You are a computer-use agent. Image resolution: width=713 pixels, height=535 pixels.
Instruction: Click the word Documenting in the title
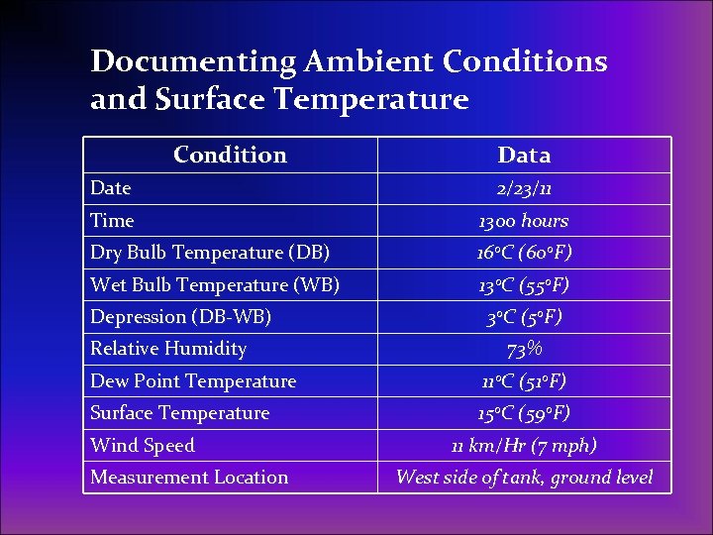point(193,62)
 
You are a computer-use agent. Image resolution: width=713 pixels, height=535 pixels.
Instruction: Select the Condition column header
point(230,155)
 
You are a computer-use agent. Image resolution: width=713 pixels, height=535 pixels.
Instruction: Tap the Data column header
point(524,155)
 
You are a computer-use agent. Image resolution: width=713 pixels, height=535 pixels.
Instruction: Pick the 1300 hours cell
point(524,220)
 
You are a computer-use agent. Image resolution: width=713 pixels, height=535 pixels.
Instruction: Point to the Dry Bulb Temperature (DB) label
point(210,253)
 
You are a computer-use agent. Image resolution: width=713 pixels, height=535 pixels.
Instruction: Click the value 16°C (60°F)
point(524,253)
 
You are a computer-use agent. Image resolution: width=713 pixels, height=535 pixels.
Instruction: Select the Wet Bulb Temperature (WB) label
point(215,284)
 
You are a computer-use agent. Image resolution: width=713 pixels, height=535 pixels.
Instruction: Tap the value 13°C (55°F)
point(524,284)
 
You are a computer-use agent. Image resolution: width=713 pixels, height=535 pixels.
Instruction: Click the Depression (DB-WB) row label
point(181,317)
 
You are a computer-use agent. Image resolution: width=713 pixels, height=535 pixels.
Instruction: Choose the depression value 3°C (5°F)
point(524,317)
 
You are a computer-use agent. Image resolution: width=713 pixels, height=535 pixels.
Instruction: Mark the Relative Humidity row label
point(168,349)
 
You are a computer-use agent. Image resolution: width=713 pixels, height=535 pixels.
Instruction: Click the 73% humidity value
point(524,349)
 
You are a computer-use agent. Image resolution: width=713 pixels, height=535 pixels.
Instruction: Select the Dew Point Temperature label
point(193,381)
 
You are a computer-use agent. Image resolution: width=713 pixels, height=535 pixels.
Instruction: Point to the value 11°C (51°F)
point(524,381)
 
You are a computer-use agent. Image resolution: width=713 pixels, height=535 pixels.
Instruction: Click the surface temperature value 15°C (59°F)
point(524,413)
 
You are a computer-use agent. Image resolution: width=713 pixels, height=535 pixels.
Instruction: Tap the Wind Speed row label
point(143,446)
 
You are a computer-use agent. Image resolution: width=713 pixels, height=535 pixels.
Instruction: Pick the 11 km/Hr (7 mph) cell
point(524,446)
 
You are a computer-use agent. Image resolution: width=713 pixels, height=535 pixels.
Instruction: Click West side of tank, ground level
point(524,478)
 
